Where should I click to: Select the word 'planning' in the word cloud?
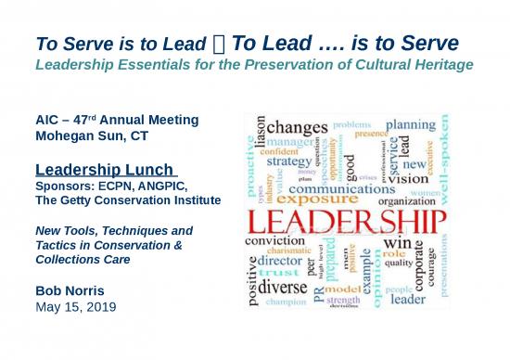pyautogui.click(x=411, y=123)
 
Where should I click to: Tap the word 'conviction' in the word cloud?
pyautogui.click(x=277, y=241)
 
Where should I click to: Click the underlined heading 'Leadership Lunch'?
pyautogui.click(x=104, y=170)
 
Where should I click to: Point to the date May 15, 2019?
pyautogui.click(x=73, y=306)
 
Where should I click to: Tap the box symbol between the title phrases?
pyautogui.click(x=219, y=44)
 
